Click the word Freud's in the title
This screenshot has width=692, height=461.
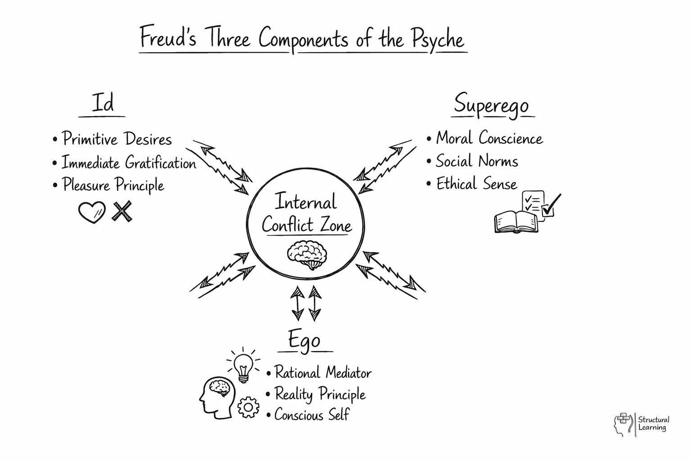coord(168,37)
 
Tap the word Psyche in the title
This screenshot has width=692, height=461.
coord(437,40)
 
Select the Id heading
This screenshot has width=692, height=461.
coord(102,103)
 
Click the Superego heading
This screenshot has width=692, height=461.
coord(492,104)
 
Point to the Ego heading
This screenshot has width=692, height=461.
coord(305,340)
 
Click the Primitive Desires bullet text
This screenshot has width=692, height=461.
coord(117,139)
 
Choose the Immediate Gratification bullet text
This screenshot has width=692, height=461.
coord(129,163)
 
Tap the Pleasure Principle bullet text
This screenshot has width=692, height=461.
coord(113,185)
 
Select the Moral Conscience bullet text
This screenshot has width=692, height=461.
coord(489,138)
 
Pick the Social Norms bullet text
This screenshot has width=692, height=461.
coord(477,161)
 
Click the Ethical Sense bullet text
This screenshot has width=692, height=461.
coord(476,184)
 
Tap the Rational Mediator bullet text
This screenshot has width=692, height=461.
coord(323,373)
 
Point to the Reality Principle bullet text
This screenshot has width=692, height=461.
coord(320,394)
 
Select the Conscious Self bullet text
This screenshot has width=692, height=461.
coord(312,415)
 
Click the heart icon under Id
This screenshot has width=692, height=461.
coord(91,212)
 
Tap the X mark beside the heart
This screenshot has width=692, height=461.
coord(122,211)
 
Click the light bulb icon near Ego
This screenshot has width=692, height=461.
coord(243,366)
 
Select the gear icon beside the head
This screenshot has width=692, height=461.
coord(248,407)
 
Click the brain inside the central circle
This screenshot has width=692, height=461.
coord(307,255)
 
